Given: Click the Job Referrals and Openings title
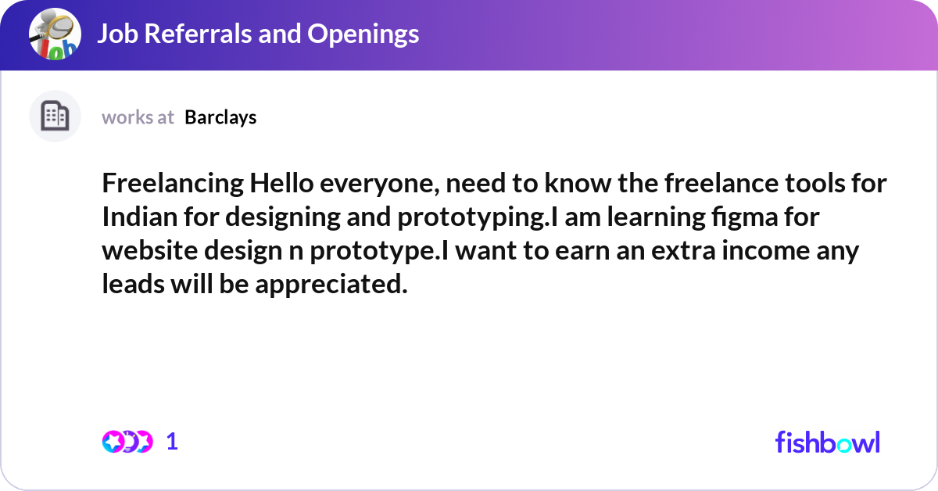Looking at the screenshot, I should coord(258,34).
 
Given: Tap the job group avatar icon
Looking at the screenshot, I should coord(55,34).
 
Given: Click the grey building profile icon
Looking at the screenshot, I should coord(55,116).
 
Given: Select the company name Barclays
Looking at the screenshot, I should coord(220,117).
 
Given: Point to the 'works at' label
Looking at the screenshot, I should coord(138,117).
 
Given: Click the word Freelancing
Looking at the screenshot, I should coord(172,185).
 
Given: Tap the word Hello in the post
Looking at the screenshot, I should coord(281,185).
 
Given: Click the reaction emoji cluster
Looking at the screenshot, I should coord(127,442).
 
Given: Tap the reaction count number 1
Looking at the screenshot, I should coord(172,442).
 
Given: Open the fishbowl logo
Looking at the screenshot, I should coord(827,442).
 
